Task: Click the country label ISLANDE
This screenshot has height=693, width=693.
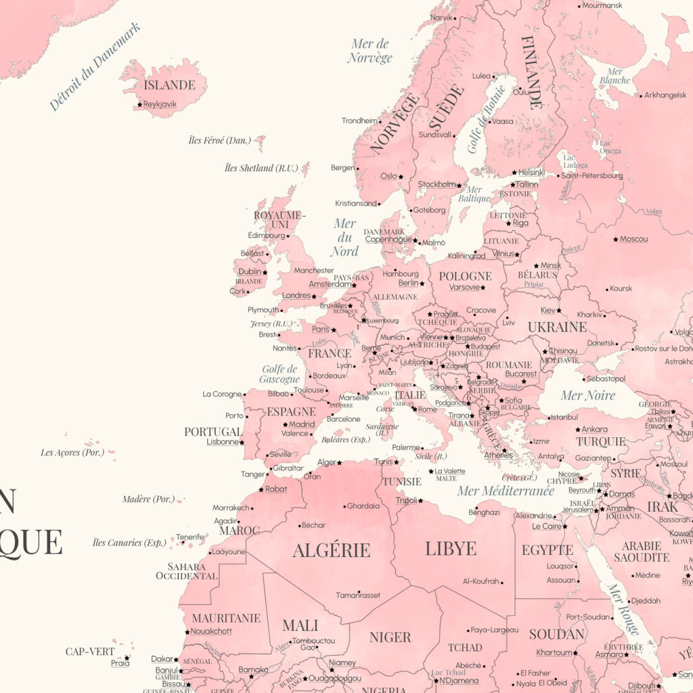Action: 169,85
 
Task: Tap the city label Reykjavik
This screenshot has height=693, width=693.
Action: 159,104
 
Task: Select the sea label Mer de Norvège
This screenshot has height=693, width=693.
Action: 370,51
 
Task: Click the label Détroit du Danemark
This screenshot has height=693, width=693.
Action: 95,66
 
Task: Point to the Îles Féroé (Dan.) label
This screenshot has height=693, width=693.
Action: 219,140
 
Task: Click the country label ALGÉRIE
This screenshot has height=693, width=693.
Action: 331,550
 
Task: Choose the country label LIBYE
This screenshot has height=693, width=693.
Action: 451,548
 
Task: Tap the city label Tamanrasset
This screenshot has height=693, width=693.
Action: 358,596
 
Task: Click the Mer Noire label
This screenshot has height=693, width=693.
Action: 588,395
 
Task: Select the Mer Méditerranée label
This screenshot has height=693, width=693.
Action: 506,491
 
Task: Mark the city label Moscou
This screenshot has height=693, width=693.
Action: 633,239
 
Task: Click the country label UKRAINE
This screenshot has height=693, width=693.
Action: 557,327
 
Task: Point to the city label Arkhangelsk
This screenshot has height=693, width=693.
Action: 665,95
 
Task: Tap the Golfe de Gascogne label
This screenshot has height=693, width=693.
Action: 279,374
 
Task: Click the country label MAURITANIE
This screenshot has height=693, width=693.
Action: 225,618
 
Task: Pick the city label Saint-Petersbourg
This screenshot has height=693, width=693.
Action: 591,176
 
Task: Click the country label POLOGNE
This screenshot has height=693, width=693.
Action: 465,276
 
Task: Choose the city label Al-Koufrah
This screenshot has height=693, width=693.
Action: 480,581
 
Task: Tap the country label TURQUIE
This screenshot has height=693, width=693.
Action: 601,442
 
